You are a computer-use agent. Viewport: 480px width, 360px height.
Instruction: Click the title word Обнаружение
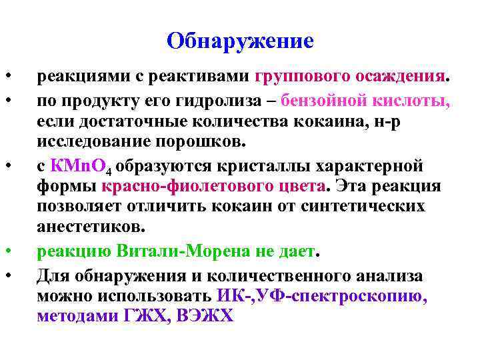coord(240,41)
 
